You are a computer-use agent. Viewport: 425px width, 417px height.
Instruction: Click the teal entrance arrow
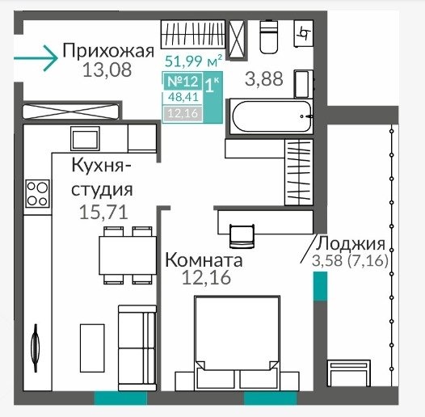click(36, 58)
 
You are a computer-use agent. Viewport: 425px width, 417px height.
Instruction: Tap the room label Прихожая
click(108, 51)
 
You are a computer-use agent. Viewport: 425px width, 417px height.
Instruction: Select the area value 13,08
click(107, 70)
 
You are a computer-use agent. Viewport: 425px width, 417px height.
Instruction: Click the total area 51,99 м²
click(194, 61)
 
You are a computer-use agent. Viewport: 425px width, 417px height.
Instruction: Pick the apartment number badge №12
click(183, 81)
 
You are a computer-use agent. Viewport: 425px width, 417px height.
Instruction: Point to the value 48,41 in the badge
click(183, 97)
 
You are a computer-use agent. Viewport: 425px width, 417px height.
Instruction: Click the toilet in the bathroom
click(268, 36)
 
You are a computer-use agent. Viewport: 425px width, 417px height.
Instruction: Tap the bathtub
click(271, 117)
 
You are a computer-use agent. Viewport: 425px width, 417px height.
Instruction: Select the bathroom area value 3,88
click(264, 79)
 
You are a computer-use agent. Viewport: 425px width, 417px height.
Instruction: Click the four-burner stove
click(38, 193)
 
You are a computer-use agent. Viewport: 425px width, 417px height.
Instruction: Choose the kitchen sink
click(85, 138)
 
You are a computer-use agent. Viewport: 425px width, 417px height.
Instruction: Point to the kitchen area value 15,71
click(103, 213)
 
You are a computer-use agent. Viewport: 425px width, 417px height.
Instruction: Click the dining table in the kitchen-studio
click(128, 255)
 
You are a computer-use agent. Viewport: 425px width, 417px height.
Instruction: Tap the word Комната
click(204, 259)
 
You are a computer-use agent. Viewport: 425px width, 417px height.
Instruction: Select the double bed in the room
click(238, 343)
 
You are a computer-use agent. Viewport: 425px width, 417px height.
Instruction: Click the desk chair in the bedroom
click(242, 236)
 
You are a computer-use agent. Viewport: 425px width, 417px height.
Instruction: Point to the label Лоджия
click(350, 243)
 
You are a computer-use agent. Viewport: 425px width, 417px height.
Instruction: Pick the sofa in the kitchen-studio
click(137, 347)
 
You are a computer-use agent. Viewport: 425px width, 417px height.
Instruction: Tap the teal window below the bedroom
click(270, 398)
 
